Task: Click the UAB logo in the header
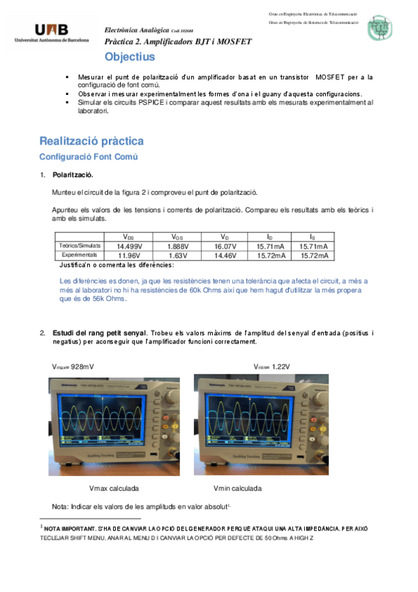click(x=52, y=33)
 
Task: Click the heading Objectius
click(x=130, y=57)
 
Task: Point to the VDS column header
click(x=130, y=237)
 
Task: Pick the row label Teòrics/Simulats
click(x=80, y=246)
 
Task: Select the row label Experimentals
click(x=80, y=255)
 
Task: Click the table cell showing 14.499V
click(x=130, y=246)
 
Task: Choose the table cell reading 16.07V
click(x=225, y=246)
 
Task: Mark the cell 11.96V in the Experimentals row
click(x=130, y=256)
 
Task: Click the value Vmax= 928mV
click(x=73, y=367)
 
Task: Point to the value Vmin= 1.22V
click(x=272, y=367)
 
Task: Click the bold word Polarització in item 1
click(x=73, y=175)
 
